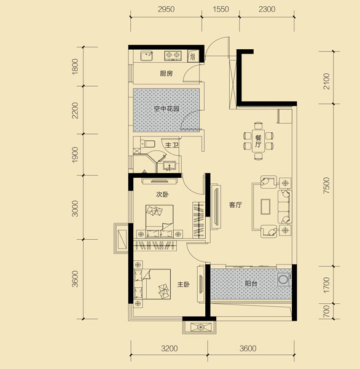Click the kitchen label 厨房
(166, 74)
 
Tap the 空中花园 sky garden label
(166, 108)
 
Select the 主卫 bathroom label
(171, 145)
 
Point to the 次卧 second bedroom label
(162, 194)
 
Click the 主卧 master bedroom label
(184, 285)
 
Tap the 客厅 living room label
(235, 205)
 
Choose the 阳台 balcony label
(251, 284)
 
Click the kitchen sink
(146, 56)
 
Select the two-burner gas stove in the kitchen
(173, 55)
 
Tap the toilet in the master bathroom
(147, 143)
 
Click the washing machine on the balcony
(284, 280)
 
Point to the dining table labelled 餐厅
(258, 141)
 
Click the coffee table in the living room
(265, 207)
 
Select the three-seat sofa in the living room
(285, 207)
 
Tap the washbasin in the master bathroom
(169, 165)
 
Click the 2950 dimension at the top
(166, 9)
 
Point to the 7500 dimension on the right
(326, 186)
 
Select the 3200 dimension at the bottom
(170, 348)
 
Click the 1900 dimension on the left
(75, 154)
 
